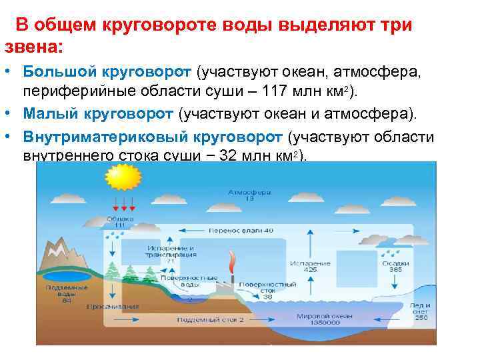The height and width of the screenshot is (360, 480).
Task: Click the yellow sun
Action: point(122,178)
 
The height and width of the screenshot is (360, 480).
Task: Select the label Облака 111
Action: point(120,222)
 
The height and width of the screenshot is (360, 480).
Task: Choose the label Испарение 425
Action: point(310,267)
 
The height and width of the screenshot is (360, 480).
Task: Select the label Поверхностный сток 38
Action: point(267,291)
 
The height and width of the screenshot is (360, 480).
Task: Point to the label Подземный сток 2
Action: point(210,320)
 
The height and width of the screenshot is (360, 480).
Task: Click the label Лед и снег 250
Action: point(421,311)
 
